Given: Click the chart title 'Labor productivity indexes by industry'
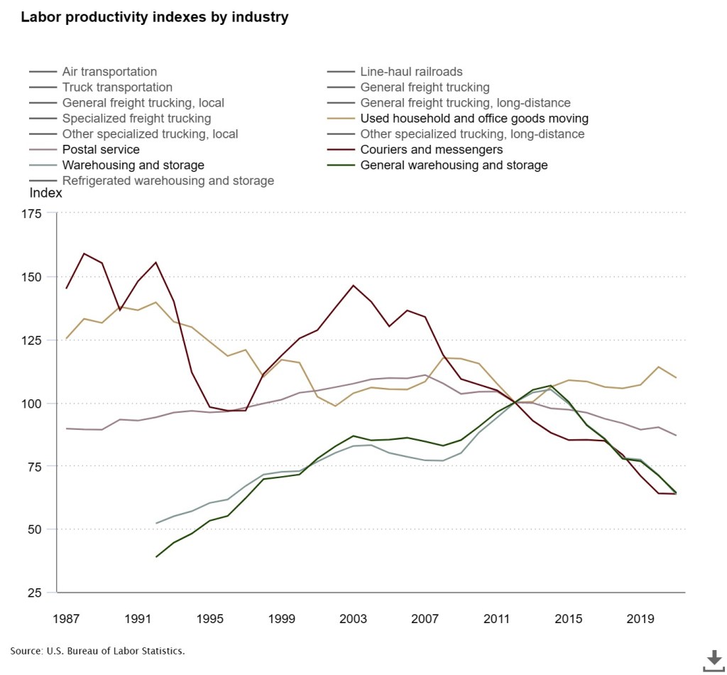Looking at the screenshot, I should (x=154, y=18).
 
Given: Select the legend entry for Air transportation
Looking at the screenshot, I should (x=109, y=72).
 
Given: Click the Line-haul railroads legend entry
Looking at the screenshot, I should (x=411, y=72).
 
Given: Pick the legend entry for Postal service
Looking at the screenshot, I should (x=101, y=150).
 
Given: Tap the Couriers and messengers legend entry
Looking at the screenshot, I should (x=431, y=150).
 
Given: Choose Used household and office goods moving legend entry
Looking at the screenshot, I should (x=474, y=119).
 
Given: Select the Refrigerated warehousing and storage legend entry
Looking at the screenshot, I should (x=168, y=181).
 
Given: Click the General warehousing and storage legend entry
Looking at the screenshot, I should (x=454, y=166).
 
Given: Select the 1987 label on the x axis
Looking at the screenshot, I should (x=67, y=619).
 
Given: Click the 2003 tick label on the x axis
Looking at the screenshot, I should (x=354, y=619).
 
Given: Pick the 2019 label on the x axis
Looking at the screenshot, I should (x=640, y=619).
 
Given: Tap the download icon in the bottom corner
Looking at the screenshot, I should (x=714, y=659).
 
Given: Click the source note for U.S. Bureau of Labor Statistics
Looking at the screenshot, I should (x=98, y=651).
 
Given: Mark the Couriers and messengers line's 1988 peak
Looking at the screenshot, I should (x=84, y=254).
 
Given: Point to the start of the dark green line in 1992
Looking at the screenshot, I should (x=156, y=557).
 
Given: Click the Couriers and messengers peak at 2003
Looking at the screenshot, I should (x=354, y=286).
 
